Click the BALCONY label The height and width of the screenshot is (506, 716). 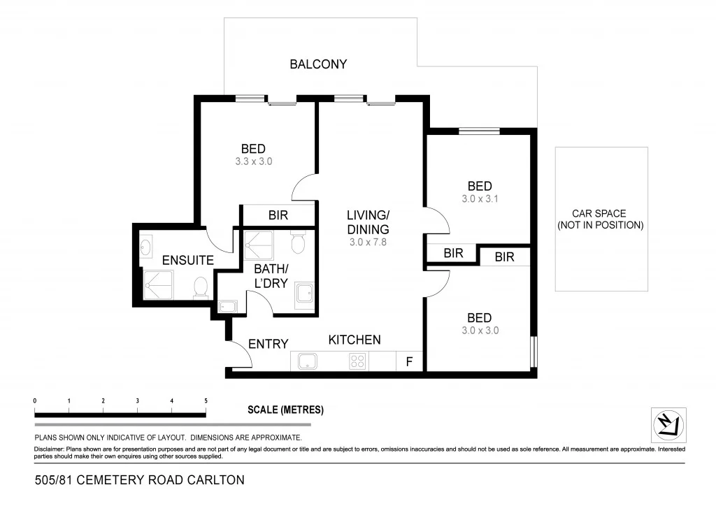pos(318,64)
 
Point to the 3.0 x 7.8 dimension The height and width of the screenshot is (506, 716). pos(368,243)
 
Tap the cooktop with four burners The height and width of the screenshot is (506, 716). pos(357,361)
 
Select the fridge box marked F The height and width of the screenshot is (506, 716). pos(409,361)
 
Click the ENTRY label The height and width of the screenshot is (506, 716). pos(268,343)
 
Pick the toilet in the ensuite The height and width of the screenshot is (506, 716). pos(201,287)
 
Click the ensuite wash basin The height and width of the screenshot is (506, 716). pos(146,246)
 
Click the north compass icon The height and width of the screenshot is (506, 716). pos(668,425)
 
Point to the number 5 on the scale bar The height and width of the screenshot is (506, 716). pos(206,401)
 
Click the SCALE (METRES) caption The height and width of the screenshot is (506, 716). pos(285,410)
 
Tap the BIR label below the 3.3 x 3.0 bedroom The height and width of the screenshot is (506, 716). pos(278,215)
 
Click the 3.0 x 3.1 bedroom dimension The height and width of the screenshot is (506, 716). pos(480,199)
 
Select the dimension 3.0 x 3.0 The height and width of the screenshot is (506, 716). pos(480,331)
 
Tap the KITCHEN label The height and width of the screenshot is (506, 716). pos(355,340)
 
